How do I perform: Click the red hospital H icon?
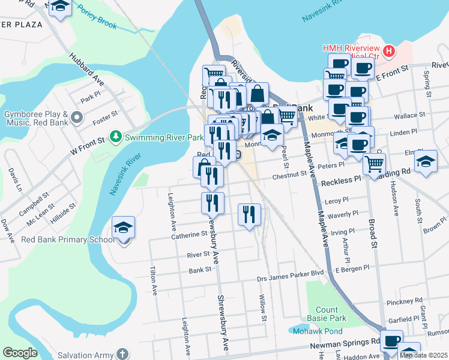click(x=388, y=51)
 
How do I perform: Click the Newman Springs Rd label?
click(x=345, y=343)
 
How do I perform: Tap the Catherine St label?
click(x=188, y=236)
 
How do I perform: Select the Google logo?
click(x=20, y=353)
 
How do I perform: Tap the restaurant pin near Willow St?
click(x=249, y=215)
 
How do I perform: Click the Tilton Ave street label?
click(x=154, y=280)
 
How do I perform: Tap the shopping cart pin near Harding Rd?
click(x=374, y=163)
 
